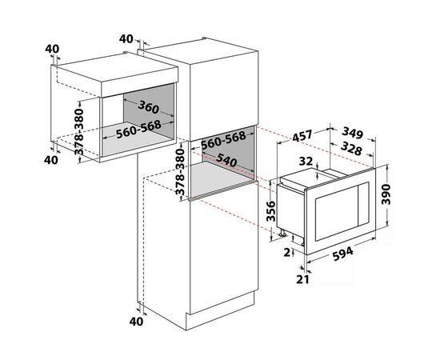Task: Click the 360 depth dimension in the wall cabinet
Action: pyautogui.click(x=149, y=107)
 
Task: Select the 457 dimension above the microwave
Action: pyautogui.click(x=302, y=136)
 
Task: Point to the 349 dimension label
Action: pyautogui.click(x=353, y=133)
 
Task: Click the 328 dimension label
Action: pyautogui.click(x=351, y=149)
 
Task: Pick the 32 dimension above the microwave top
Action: pyautogui.click(x=306, y=161)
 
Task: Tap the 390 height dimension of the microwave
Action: pyautogui.click(x=386, y=194)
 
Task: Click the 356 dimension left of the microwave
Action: pyautogui.click(x=270, y=211)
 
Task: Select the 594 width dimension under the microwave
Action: pyautogui.click(x=342, y=254)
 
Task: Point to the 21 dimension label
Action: pyautogui.click(x=302, y=279)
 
